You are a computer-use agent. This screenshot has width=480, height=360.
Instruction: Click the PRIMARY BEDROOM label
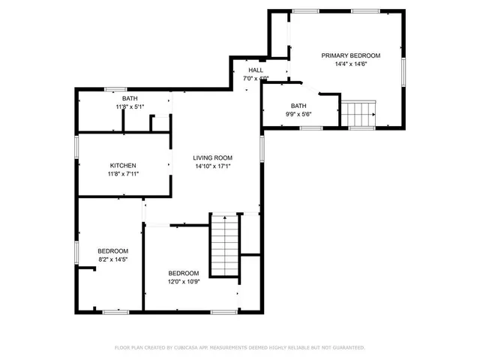point(350,55)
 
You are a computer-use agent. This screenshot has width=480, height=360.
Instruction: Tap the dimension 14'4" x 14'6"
point(350,64)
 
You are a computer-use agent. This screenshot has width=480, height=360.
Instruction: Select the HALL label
point(256,70)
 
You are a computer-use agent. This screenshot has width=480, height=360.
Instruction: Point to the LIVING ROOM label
point(213,157)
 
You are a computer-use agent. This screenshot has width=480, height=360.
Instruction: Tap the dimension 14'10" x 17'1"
point(213,166)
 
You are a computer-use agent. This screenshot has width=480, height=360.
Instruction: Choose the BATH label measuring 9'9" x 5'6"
point(298,106)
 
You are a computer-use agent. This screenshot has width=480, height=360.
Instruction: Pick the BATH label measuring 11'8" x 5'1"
point(130,99)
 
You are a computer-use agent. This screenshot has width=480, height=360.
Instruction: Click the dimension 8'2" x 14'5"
point(113,259)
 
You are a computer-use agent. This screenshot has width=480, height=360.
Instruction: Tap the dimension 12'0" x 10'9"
point(183,282)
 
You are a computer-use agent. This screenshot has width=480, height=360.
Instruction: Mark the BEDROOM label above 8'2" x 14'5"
point(113,250)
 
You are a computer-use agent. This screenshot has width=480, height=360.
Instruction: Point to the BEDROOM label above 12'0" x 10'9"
point(183,273)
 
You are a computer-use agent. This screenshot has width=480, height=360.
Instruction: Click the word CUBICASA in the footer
point(187,348)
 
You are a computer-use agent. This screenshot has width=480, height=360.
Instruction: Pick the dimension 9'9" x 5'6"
point(298,115)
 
